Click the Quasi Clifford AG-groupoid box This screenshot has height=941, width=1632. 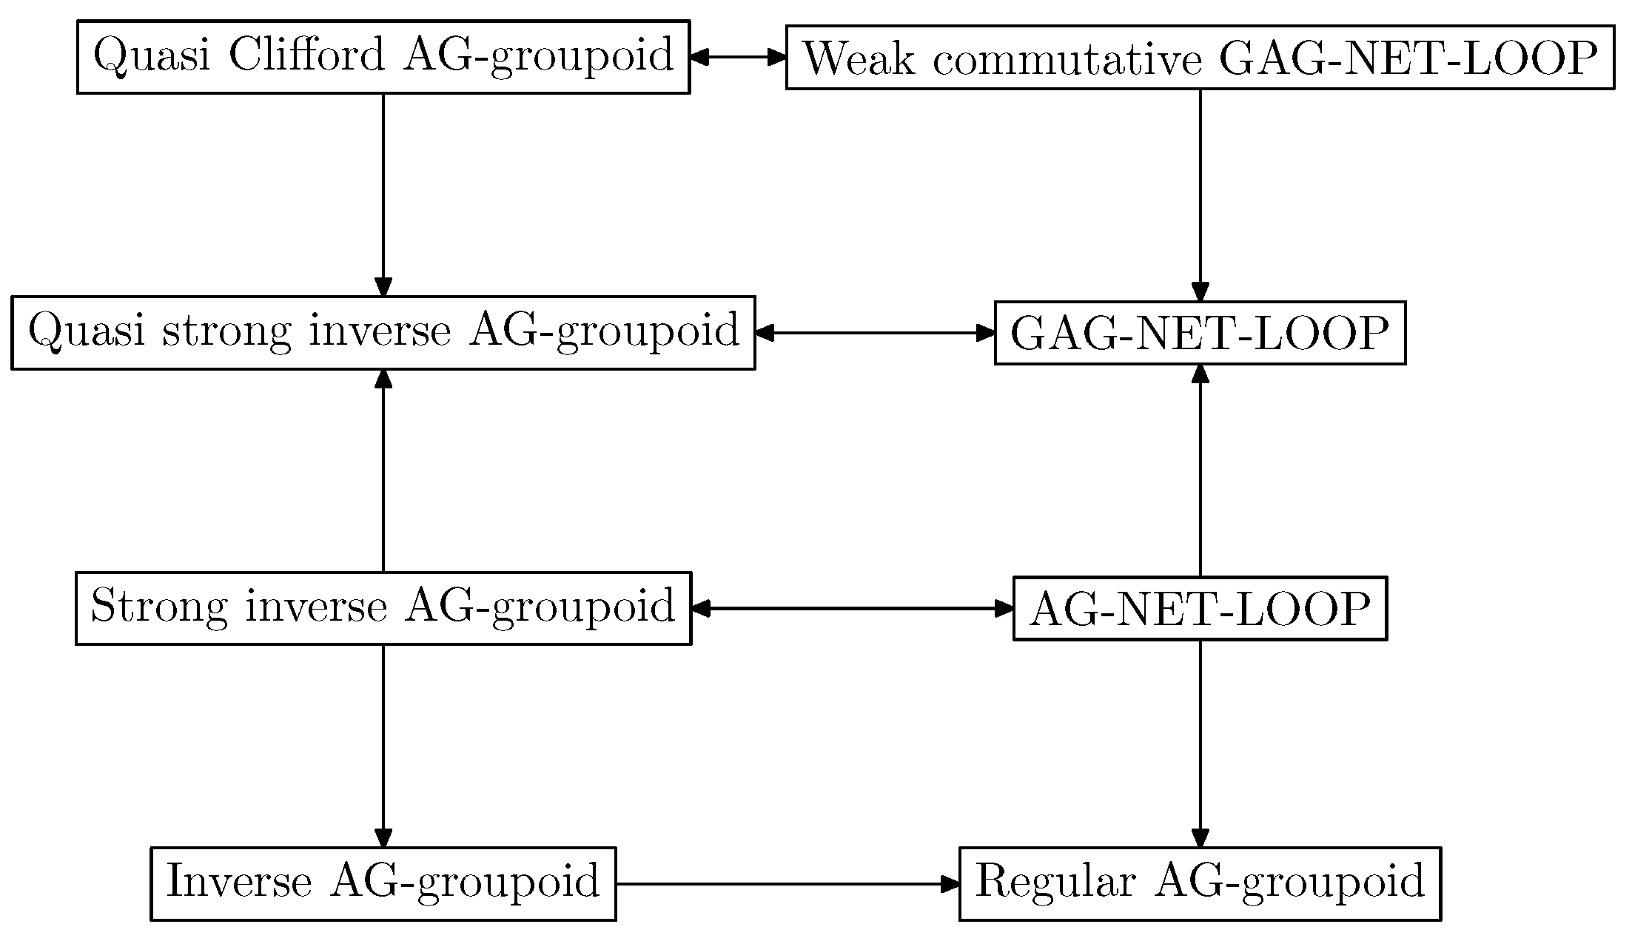[x=383, y=57]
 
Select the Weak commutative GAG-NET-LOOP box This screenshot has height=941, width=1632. [x=1199, y=58]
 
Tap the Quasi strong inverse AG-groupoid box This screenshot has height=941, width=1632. [x=383, y=332]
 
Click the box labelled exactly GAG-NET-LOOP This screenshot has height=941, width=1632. [x=1199, y=333]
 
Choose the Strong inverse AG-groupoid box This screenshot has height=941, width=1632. [x=383, y=608]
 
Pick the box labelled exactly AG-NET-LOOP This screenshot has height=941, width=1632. [x=1199, y=609]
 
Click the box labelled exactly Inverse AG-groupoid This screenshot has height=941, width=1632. [x=383, y=883]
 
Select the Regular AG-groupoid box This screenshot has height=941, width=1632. [x=1199, y=883]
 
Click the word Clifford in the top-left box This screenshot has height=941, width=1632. [x=306, y=55]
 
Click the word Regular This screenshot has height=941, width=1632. [x=1055, y=882]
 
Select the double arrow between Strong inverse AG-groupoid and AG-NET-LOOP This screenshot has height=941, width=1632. [x=852, y=609]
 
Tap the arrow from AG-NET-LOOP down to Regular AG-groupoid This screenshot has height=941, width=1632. [x=1200, y=743]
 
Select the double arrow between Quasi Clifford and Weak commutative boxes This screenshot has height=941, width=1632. [x=737, y=56]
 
